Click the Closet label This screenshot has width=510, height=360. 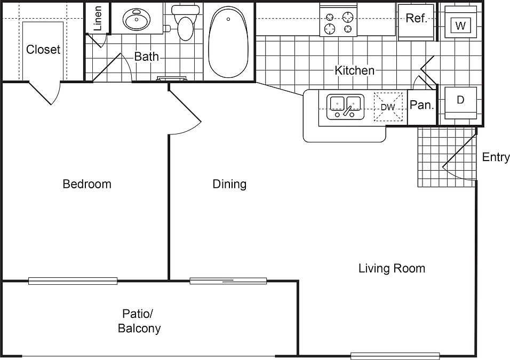point(43,50)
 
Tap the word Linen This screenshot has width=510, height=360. point(97,18)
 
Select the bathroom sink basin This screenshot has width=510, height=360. point(137,19)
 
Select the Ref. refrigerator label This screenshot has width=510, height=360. point(416,18)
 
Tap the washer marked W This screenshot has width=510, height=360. point(460,22)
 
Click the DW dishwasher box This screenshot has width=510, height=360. point(388,107)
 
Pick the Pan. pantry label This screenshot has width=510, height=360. point(422,105)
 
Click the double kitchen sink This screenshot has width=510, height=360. point(345,107)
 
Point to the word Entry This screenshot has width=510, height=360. point(496,157)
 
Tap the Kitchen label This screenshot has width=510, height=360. point(355,70)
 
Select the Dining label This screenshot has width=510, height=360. point(229,184)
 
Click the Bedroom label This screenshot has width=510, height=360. point(87,184)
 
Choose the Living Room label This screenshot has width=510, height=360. point(392,268)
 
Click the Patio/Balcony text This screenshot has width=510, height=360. point(139,321)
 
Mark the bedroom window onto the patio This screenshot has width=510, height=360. point(73,281)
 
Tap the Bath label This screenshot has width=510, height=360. point(146,57)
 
